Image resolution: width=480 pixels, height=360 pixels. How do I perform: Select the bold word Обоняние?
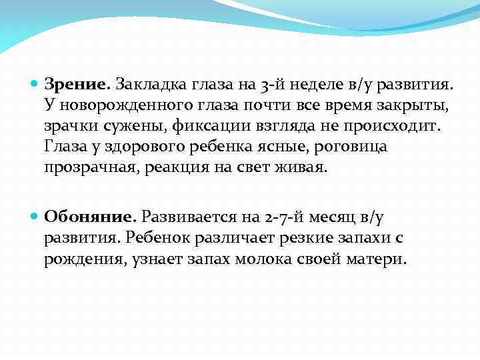90,217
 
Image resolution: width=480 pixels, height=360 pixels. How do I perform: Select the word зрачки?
73,126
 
